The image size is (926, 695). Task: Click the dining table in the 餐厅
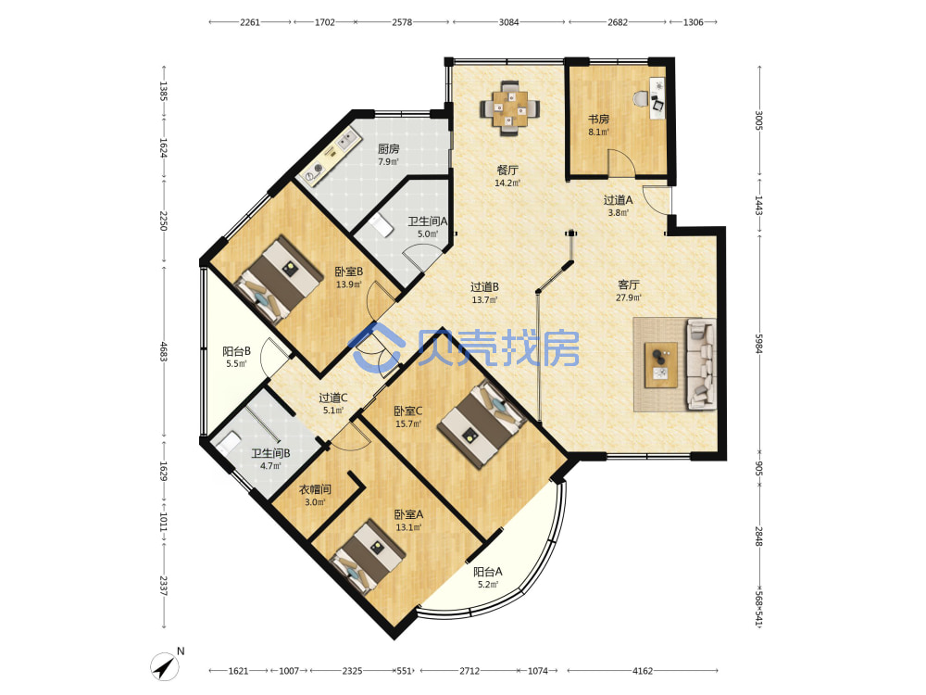(509, 107)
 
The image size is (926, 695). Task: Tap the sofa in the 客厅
(702, 364)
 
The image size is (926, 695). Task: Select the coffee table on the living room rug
(661, 364)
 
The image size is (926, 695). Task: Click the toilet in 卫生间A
(382, 225)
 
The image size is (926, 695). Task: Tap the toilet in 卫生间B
(228, 443)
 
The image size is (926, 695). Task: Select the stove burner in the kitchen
(313, 172)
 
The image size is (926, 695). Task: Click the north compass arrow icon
(165, 666)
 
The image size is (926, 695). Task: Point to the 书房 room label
(598, 120)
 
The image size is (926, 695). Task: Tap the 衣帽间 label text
(315, 489)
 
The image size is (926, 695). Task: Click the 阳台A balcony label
(488, 572)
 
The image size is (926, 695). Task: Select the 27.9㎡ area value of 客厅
(629, 297)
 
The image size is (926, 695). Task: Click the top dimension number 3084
(508, 22)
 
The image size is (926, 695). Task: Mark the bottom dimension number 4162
(643, 671)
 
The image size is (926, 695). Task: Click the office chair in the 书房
(641, 98)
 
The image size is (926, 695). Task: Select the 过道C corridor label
(333, 398)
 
